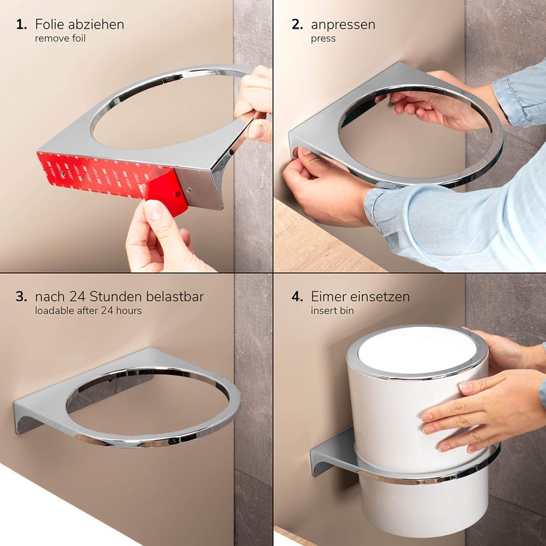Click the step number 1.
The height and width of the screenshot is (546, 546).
coord(21,25)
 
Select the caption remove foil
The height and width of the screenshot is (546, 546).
coord(61,39)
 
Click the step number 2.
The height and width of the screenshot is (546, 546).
coord(296,25)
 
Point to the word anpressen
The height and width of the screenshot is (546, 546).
coord(343,25)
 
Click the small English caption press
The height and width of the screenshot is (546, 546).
coord(323,39)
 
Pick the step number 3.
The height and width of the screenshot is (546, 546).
coord(21,297)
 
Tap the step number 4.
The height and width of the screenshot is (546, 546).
coord(296,297)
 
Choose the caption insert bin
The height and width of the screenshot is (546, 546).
coord(332,311)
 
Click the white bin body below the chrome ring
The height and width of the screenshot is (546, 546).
coord(423,505)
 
